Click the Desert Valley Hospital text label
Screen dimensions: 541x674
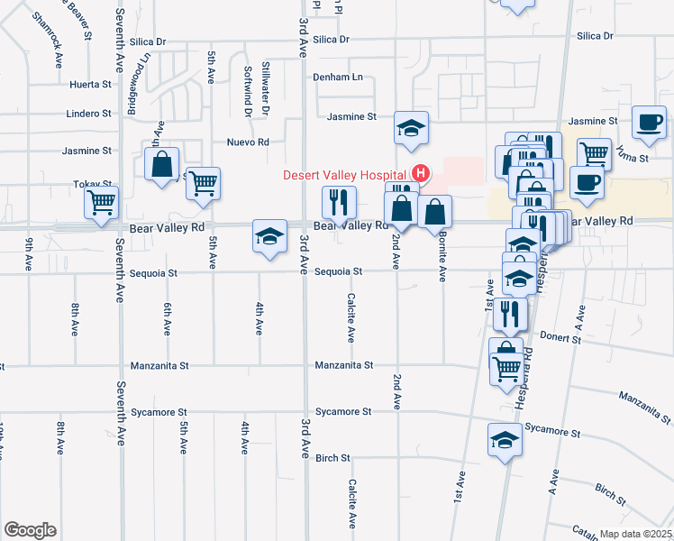[346, 174]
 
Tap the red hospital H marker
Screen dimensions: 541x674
[420, 173]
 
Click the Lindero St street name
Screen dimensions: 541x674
[88, 114]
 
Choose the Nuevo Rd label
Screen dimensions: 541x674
[248, 142]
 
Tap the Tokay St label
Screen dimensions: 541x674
[92, 184]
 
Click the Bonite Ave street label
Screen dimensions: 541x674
[443, 256]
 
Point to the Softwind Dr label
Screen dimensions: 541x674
[248, 90]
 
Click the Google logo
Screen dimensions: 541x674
[30, 530]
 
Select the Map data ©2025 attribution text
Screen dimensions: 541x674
[636, 534]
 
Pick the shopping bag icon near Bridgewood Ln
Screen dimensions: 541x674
[161, 165]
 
